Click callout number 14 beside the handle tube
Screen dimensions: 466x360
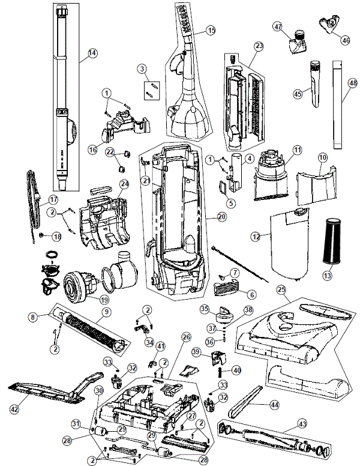[x=92, y=53]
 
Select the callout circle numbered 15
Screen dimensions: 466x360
[x=210, y=30]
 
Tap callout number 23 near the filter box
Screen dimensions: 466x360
[x=259, y=46]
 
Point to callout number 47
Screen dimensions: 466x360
[x=278, y=27]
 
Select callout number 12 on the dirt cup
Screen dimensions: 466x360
[x=256, y=238]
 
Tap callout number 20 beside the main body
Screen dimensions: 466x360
[x=222, y=217]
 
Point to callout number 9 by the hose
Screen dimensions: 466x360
[x=106, y=312]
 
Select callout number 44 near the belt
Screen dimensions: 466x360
[x=275, y=405]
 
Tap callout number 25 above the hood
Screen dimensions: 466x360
[x=281, y=290]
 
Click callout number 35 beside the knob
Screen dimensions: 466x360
[x=204, y=309]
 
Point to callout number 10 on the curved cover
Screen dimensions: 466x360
[x=322, y=157]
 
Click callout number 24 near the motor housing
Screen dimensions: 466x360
[x=124, y=184]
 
